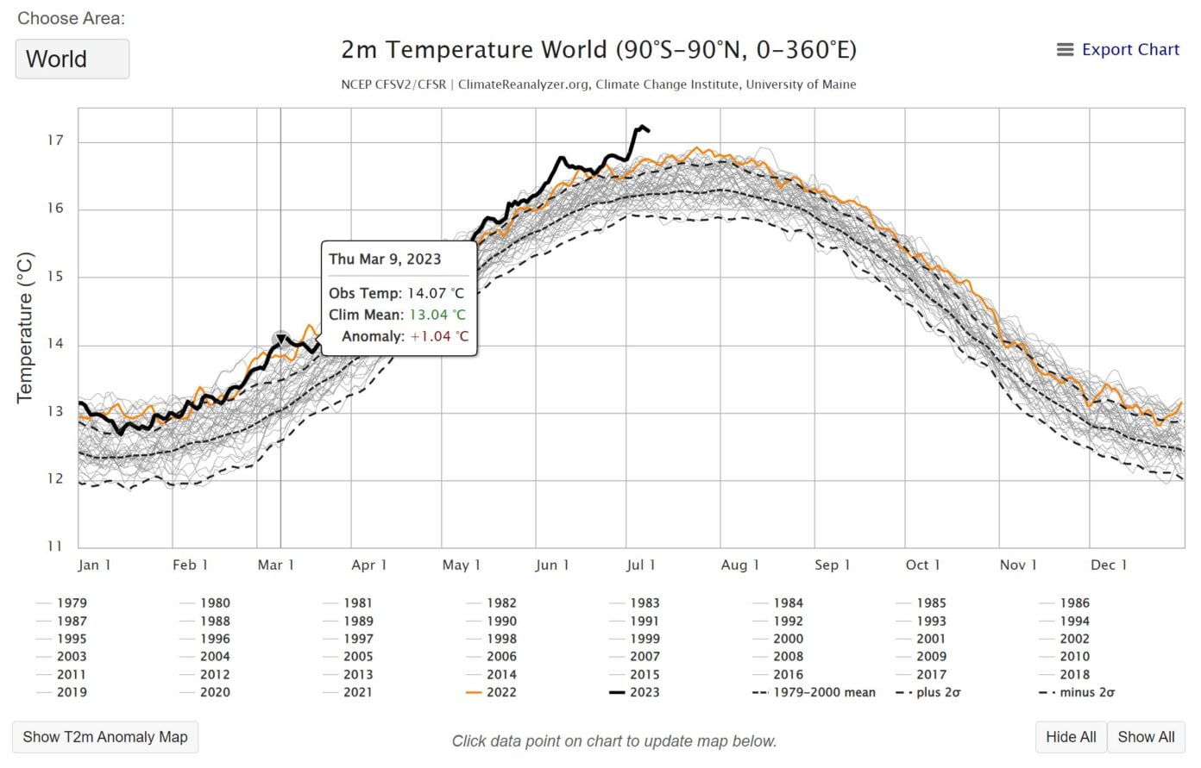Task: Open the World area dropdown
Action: pyautogui.click(x=72, y=59)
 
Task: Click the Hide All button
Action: pyautogui.click(x=1071, y=737)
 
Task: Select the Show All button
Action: pyautogui.click(x=1146, y=737)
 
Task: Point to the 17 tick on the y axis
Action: pyautogui.click(x=55, y=140)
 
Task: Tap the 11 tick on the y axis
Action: pyautogui.click(x=55, y=546)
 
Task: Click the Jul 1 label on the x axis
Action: pyautogui.click(x=640, y=565)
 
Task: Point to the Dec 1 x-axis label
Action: pyautogui.click(x=1109, y=565)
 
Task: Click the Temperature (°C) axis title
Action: pyautogui.click(x=25, y=328)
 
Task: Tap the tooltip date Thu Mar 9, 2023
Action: pyautogui.click(x=385, y=259)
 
